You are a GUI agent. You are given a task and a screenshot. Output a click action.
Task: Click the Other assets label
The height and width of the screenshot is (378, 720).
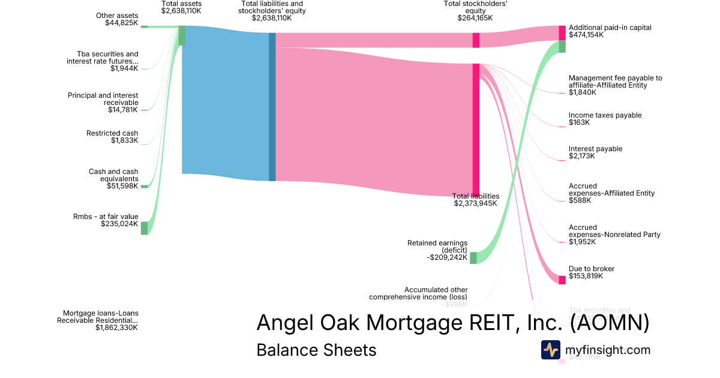click(x=117, y=16)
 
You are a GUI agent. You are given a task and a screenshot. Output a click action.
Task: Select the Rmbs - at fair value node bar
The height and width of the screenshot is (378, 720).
click(x=144, y=227)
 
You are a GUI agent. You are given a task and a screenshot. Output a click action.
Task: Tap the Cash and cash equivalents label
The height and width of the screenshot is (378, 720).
click(x=113, y=175)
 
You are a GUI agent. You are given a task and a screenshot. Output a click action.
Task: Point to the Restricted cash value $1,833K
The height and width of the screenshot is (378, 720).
click(x=124, y=141)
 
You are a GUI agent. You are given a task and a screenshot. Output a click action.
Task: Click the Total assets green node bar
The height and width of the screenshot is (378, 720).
click(x=182, y=35)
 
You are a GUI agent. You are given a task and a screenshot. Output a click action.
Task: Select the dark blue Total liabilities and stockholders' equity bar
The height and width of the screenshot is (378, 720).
click(x=272, y=107)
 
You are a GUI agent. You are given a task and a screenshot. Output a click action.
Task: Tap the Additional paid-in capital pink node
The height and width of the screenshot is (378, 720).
click(x=562, y=32)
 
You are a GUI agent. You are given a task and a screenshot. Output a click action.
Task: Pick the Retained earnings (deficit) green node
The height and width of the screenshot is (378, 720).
click(x=473, y=258)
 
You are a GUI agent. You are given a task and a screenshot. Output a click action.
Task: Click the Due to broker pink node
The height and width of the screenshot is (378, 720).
click(x=562, y=280)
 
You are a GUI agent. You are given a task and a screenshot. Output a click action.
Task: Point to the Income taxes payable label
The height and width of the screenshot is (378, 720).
click(x=605, y=115)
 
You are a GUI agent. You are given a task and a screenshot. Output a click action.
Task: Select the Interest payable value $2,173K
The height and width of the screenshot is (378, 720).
click(x=582, y=157)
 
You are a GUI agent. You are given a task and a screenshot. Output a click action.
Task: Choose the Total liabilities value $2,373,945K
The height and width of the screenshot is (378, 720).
click(x=476, y=204)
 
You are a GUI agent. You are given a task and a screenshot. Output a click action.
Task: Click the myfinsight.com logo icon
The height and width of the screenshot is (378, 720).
click(x=550, y=350)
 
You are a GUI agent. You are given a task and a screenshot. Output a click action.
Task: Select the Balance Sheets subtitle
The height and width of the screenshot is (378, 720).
click(x=316, y=350)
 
